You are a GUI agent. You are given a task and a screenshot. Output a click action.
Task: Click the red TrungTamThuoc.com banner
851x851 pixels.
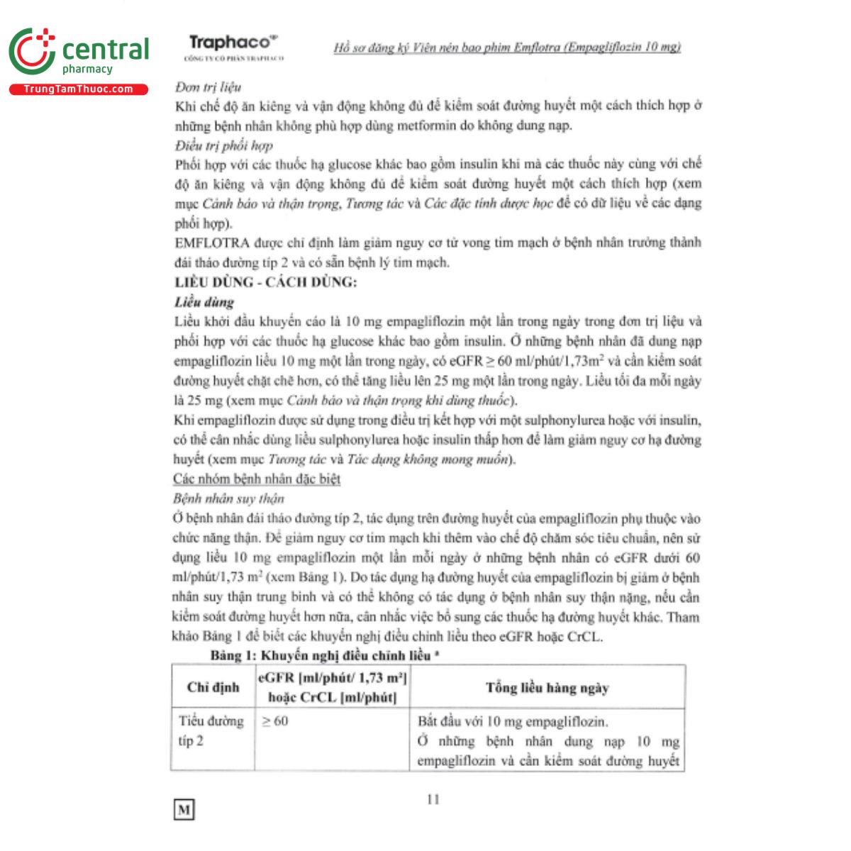(x=78, y=89)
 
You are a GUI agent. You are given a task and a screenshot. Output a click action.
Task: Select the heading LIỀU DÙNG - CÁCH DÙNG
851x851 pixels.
(x=266, y=282)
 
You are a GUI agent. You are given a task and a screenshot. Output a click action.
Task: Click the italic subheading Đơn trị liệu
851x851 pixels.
(x=208, y=87)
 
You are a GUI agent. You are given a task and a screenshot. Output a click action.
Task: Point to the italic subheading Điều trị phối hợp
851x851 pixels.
(x=223, y=146)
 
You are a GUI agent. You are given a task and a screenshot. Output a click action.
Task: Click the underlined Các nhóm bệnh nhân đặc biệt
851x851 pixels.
(x=257, y=479)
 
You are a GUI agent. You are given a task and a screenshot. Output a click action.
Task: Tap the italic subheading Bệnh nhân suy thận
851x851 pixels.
(x=228, y=499)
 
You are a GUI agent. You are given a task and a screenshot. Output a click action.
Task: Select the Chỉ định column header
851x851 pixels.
(x=213, y=686)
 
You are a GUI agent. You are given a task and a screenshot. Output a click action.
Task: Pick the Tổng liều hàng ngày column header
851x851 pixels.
(x=547, y=687)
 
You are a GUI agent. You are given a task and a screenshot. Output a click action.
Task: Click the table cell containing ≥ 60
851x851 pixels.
(x=275, y=721)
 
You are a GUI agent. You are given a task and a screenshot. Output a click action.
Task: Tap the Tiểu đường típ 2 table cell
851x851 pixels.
(x=211, y=731)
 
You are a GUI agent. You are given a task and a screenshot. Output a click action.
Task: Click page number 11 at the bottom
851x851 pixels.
(x=433, y=799)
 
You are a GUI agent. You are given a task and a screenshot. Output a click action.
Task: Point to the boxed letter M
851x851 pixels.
(x=184, y=809)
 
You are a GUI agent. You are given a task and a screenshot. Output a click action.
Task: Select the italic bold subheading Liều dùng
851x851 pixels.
(x=204, y=302)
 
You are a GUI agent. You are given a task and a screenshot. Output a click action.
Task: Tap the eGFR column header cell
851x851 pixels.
(x=332, y=687)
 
